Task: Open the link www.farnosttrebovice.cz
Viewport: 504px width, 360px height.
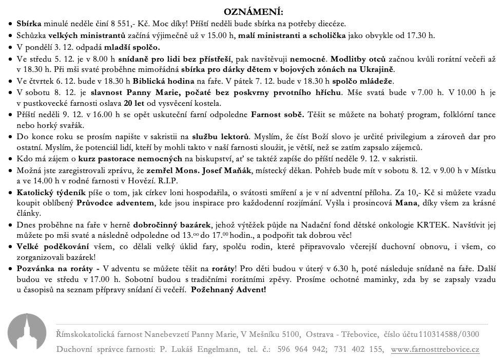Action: pyautogui.click(x=435, y=350)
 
